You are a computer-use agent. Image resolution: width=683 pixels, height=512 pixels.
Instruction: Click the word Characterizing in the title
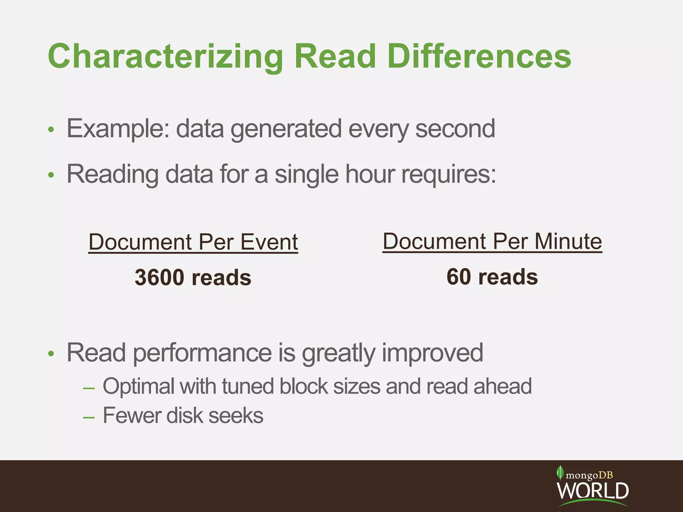165,57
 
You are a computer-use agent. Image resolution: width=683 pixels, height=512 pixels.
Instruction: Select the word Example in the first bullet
118,129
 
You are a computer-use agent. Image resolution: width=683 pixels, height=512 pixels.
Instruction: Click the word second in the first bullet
455,129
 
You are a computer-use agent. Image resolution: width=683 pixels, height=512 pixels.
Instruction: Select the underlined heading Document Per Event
193,242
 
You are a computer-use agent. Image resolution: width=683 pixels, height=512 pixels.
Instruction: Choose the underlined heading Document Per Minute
492,241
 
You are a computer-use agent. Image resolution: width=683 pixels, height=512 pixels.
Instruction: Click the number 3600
159,277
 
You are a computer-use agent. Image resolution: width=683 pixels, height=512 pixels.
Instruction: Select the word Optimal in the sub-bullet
138,386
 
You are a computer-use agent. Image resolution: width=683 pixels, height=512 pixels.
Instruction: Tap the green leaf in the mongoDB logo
560,473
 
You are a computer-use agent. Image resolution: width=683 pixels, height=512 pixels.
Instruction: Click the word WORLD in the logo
593,491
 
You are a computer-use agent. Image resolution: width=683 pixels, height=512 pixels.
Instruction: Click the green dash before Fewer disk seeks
89,417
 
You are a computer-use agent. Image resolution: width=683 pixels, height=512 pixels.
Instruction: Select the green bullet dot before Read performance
51,354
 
